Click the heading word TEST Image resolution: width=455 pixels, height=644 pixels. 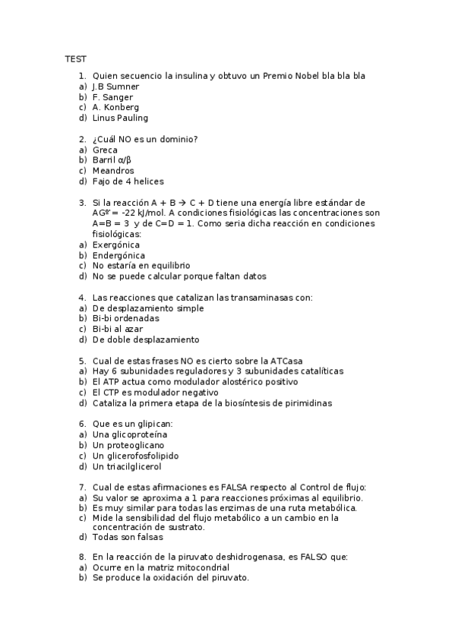[x=74, y=58]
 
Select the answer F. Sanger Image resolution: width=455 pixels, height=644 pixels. [x=112, y=97]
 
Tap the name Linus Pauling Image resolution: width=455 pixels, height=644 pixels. [x=120, y=118]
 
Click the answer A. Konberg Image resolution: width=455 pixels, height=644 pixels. [x=115, y=107]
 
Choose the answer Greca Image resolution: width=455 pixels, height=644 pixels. [x=105, y=150]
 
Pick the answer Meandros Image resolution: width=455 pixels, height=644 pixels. [x=113, y=171]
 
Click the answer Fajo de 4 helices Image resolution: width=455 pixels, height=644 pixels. [x=128, y=182]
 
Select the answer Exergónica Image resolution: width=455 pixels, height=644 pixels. [x=115, y=245]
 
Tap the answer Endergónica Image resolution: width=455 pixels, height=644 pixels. [x=118, y=256]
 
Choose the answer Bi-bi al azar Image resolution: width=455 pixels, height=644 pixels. [x=117, y=329]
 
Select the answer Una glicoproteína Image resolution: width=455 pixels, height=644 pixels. [x=130, y=434]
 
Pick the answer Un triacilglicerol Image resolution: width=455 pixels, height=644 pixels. [x=127, y=466]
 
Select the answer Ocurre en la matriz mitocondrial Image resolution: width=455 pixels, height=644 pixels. [x=160, y=567]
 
